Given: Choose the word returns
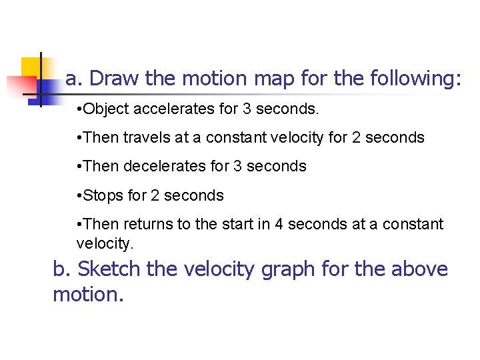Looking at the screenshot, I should coord(149,224).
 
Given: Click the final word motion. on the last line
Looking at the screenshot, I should coord(88,295).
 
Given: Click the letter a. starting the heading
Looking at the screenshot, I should coord(74,79).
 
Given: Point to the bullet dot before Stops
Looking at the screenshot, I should coord(79,196).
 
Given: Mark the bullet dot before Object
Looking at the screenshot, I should coord(79,109).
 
